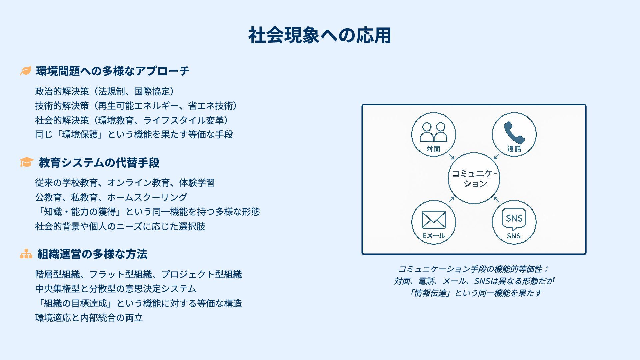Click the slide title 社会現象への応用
(x=319, y=35)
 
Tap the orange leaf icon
(x=25, y=71)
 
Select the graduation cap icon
(x=27, y=162)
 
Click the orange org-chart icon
(x=26, y=254)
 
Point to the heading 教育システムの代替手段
(x=99, y=163)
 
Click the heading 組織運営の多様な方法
(x=92, y=254)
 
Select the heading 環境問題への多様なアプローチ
(x=113, y=71)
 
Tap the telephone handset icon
(x=514, y=132)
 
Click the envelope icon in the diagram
(x=433, y=220)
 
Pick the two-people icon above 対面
(x=433, y=132)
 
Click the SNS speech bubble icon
(x=514, y=219)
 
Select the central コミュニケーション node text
(x=474, y=178)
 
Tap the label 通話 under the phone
(x=514, y=149)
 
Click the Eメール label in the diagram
(x=433, y=236)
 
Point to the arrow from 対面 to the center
(x=452, y=157)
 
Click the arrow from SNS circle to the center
(x=496, y=199)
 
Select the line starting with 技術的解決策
(x=136, y=106)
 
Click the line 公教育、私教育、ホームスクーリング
(x=111, y=197)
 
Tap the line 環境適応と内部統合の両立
(x=89, y=318)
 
